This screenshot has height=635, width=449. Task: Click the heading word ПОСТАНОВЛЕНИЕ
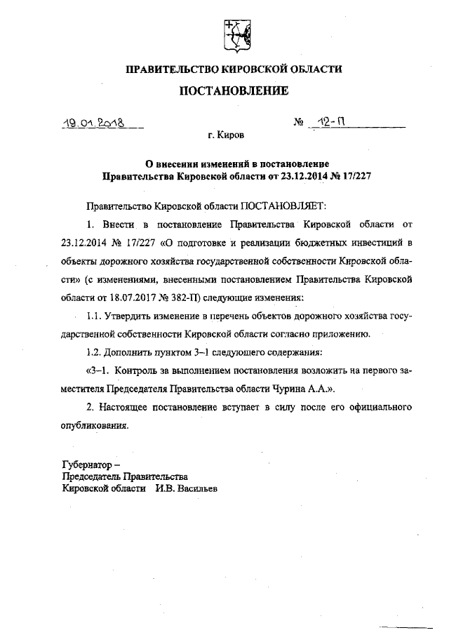pyautogui.click(x=234, y=91)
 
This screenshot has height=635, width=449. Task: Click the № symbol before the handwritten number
pyautogui.click(x=297, y=122)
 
